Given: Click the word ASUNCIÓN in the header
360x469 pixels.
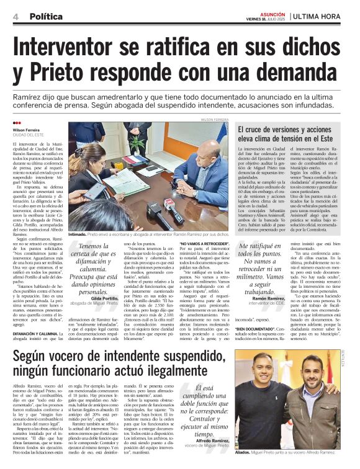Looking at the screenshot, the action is coord(273,12).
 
